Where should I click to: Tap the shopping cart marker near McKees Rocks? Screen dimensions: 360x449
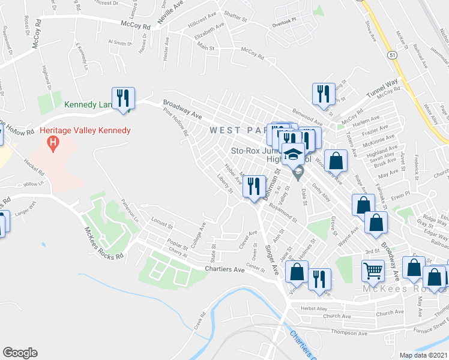tap(373, 271)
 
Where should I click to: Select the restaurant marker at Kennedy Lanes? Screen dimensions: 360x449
tap(124, 98)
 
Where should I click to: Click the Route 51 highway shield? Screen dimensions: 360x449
tap(392, 55)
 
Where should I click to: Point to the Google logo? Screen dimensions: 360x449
tap(20, 353)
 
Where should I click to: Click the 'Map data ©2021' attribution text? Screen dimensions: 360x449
tap(423, 355)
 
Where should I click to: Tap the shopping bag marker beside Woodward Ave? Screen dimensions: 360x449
tap(338, 161)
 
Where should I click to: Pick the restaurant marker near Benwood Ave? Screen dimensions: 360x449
tap(323, 94)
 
